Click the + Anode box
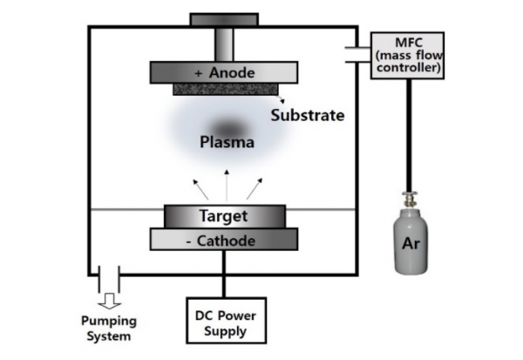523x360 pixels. point(226,72)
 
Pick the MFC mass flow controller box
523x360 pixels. point(407,55)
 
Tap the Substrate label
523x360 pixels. point(307,115)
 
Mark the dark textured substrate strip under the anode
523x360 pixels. point(226,89)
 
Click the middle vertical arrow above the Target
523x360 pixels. point(227,186)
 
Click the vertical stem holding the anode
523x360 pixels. point(226,43)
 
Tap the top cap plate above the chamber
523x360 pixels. point(225,19)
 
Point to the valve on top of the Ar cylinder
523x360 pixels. point(407,198)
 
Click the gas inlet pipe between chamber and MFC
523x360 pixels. point(358,54)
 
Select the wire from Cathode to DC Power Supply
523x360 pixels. point(226,275)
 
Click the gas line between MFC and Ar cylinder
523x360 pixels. point(407,131)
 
